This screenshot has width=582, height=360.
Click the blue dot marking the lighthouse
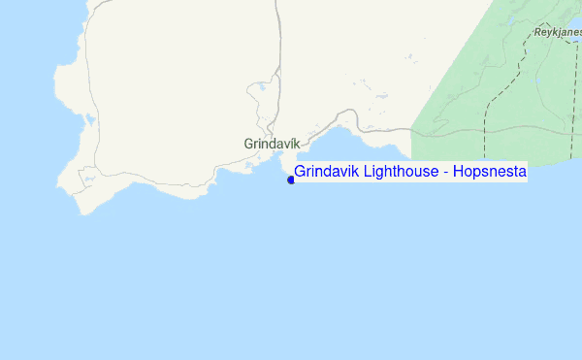pyautogui.click(x=291, y=180)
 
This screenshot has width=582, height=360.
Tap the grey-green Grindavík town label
pyautogui.click(x=272, y=143)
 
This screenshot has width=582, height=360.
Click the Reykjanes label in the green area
pyautogui.click(x=556, y=32)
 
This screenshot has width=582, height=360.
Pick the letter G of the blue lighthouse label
pyautogui.click(x=300, y=172)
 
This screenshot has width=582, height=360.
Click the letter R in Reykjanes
pyautogui.click(x=536, y=32)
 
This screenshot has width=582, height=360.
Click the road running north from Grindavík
pyautogui.click(x=278, y=58)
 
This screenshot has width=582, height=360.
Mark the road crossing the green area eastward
pyautogui.click(x=485, y=129)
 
